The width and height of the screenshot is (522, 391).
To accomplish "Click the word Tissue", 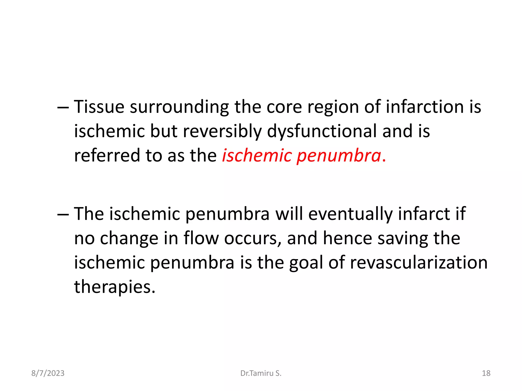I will click(x=99, y=107).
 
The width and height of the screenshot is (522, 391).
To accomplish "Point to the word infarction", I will click(x=425, y=107).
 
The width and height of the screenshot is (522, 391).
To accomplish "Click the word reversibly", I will click(x=222, y=131).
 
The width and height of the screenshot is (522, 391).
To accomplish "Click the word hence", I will click(x=347, y=238).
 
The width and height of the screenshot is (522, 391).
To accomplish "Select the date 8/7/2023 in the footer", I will click(x=48, y=373).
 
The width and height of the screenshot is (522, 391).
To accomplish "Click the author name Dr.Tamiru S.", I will click(x=261, y=373).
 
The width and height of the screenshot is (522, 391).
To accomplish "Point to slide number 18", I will click(x=486, y=373).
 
